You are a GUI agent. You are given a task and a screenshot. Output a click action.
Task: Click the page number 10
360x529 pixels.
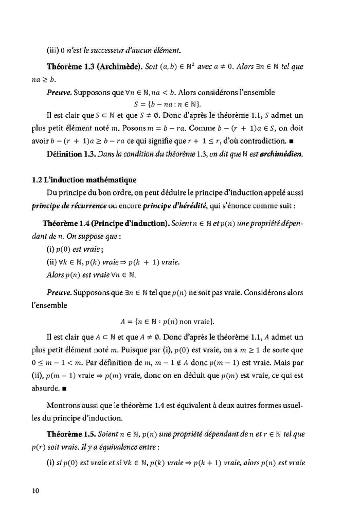(x=35, y=490)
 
